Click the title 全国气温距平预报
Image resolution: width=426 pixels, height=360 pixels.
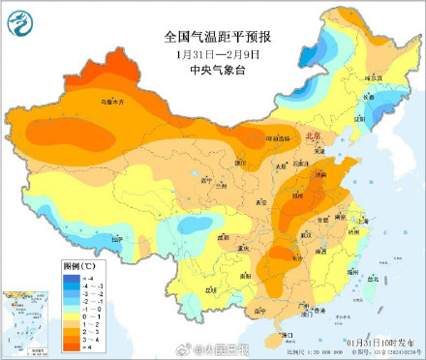pyautogui.click(x=218, y=38)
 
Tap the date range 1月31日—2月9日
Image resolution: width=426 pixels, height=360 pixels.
pyautogui.click(x=219, y=54)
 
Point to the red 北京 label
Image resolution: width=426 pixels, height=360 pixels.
pyautogui.click(x=312, y=139)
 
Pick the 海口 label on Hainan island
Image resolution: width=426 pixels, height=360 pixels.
pyautogui.click(x=285, y=334)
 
